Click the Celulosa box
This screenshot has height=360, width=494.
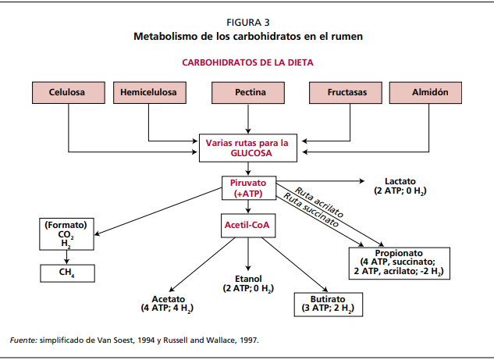pyautogui.click(x=67, y=92)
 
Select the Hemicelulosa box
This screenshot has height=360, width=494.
pyautogui.click(x=148, y=92)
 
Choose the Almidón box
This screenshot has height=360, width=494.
pyautogui.click(x=430, y=92)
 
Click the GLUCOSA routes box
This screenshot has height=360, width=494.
pyautogui.click(x=247, y=148)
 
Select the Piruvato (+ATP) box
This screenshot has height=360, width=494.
pyautogui.click(x=249, y=188)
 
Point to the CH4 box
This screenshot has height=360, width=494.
pyautogui.click(x=67, y=273)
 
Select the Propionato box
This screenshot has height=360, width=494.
pyautogui.click(x=399, y=262)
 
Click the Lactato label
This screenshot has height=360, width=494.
pyautogui.click(x=400, y=185)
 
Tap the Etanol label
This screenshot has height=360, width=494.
pyautogui.click(x=248, y=283)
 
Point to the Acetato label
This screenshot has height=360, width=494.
pyautogui.click(x=168, y=304)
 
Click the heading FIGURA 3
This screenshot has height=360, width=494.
pyautogui.click(x=248, y=22)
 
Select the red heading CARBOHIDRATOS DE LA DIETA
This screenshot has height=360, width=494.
pyautogui.click(x=248, y=62)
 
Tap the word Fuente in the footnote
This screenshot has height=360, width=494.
pyautogui.click(x=23, y=340)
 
